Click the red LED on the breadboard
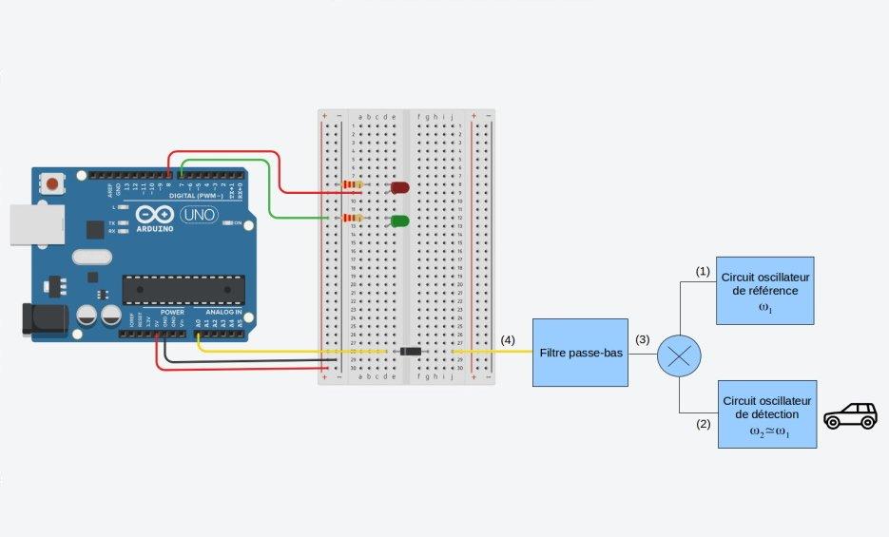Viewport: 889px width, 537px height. tap(399, 188)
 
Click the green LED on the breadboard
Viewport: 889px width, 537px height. tap(399, 221)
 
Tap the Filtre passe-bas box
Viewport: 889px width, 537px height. tap(580, 353)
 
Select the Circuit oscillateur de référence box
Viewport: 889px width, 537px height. tap(764, 291)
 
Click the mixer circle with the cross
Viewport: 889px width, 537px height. tap(679, 355)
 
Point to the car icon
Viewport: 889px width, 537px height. tap(850, 415)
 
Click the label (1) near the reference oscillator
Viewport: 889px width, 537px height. tap(703, 271)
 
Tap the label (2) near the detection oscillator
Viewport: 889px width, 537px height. tap(703, 424)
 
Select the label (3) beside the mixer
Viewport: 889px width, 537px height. tap(643, 339)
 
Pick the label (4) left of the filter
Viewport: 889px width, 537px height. tap(508, 339)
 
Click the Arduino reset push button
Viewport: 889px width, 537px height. tap(51, 182)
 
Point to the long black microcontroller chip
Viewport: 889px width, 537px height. tap(183, 289)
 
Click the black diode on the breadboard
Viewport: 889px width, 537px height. tap(411, 352)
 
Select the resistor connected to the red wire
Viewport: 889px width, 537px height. tap(352, 185)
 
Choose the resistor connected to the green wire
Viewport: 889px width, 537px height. tap(352, 219)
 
